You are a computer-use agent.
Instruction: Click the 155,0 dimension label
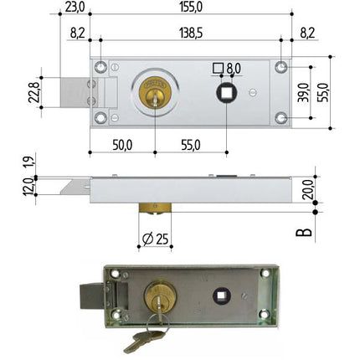pos(191,8)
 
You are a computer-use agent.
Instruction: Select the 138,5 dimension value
pos(191,33)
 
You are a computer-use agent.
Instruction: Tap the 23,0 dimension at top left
pos(75,8)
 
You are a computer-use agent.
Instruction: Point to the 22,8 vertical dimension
pos(34,92)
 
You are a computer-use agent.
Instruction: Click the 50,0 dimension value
pos(122,145)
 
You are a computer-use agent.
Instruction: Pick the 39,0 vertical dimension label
pos(303,92)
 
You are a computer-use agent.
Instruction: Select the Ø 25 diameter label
pos(155,239)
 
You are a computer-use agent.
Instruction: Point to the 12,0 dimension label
pos(28,187)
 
